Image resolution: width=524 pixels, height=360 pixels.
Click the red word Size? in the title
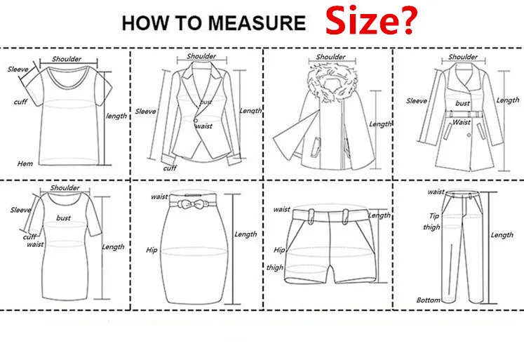click(x=371, y=21)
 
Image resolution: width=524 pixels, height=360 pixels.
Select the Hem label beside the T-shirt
click(x=25, y=164)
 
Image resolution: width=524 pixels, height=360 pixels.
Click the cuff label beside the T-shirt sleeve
click(x=20, y=102)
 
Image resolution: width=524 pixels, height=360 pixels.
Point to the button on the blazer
click(x=196, y=120)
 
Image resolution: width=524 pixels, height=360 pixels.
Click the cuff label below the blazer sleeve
click(x=170, y=168)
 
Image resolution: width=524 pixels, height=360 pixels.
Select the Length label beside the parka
click(x=380, y=124)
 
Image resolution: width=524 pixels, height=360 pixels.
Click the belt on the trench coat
click(x=464, y=114)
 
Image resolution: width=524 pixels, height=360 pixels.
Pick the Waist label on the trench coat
click(x=462, y=122)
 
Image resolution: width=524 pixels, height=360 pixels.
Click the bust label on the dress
click(x=64, y=218)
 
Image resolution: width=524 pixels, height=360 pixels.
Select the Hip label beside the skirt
click(x=152, y=250)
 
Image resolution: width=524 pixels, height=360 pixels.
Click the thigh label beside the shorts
click(x=275, y=267)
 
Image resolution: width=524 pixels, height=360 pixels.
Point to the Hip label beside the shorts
click(x=279, y=250)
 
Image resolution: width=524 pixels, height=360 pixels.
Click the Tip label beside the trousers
click(x=434, y=216)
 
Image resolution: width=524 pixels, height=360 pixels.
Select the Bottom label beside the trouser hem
click(x=428, y=300)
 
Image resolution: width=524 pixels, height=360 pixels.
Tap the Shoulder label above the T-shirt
click(x=67, y=59)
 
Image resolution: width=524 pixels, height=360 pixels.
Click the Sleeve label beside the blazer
click(x=145, y=112)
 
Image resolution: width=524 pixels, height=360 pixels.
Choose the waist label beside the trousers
click(x=436, y=192)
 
